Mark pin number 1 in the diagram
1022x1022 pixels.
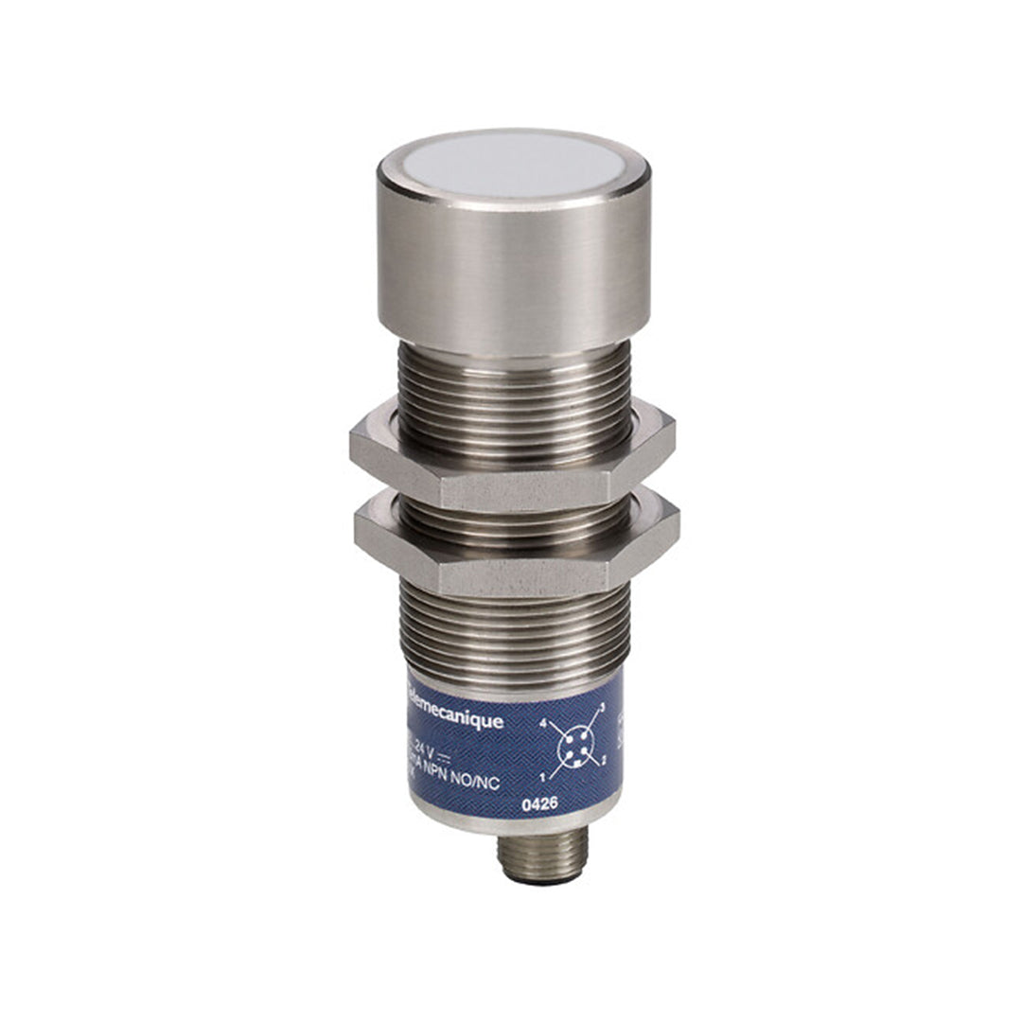point(541,778)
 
